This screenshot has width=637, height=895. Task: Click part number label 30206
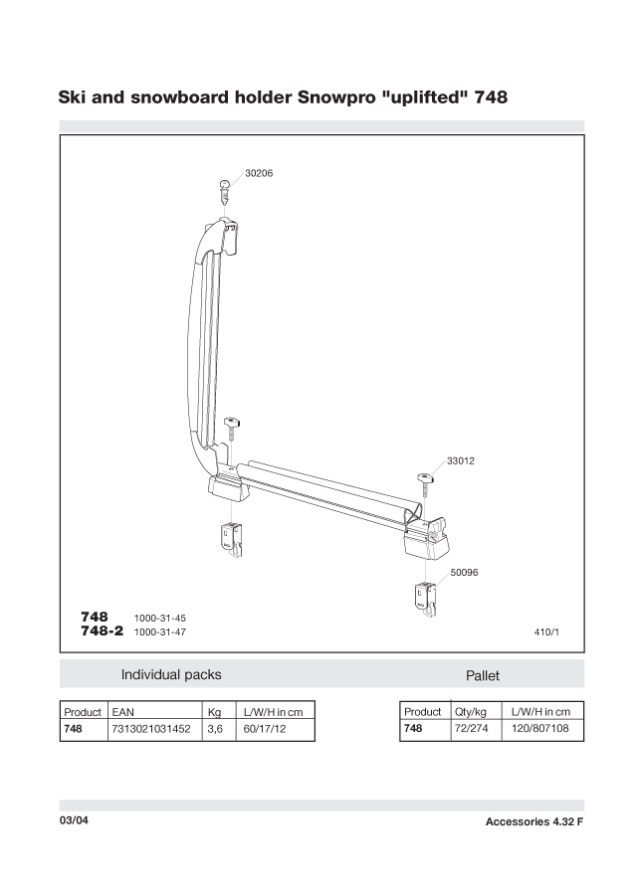coord(259,173)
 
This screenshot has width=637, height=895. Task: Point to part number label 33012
coord(461,460)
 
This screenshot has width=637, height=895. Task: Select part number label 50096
coord(465,572)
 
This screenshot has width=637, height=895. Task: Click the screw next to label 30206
coord(227,189)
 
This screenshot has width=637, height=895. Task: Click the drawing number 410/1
coord(548,631)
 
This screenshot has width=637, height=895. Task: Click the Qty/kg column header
coord(472,712)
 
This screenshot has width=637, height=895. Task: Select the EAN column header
coord(123,712)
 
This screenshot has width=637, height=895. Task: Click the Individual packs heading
coord(171,674)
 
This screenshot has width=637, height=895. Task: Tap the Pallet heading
coord(483,675)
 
